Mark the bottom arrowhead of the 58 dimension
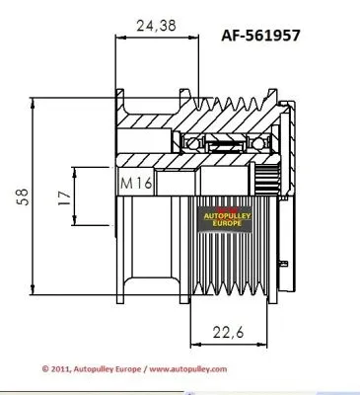coord(36,295)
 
